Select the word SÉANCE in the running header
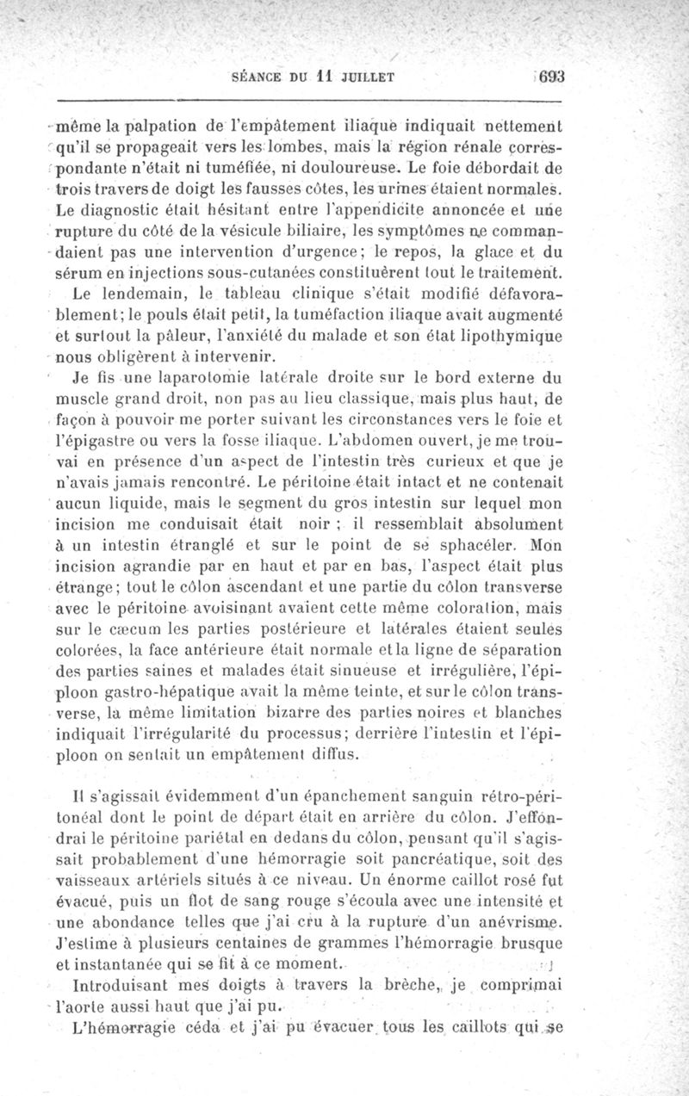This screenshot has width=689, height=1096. pyautogui.click(x=258, y=76)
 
